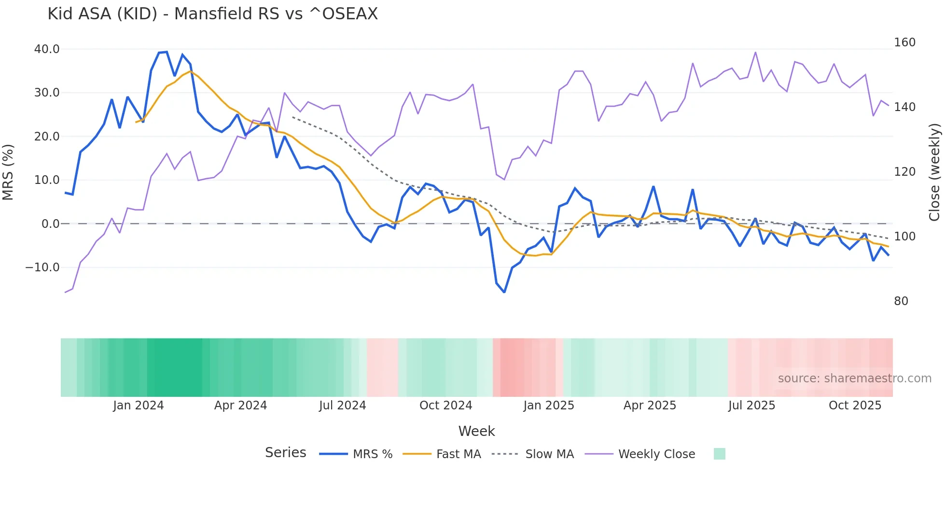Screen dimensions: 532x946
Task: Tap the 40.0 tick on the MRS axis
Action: point(47,49)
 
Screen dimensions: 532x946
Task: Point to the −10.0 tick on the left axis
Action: point(42,267)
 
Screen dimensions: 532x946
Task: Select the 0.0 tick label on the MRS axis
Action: point(50,224)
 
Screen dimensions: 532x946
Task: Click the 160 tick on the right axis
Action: point(904,42)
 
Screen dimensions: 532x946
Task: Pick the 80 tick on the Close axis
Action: point(901,301)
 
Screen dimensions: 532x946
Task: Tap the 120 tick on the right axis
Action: point(904,172)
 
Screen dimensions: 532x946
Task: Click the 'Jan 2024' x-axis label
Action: point(139,406)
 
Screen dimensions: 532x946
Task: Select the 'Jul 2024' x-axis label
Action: point(343,406)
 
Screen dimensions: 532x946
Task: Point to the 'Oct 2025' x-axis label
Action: point(855,406)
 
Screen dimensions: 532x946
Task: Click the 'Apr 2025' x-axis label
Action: point(650,406)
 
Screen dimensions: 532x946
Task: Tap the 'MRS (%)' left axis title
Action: point(8,172)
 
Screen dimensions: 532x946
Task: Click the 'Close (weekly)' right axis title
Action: point(934,172)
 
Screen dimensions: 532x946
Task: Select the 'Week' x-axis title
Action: point(476,431)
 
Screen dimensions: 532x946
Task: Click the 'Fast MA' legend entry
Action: point(459,454)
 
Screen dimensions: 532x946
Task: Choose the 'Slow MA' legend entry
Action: point(549,454)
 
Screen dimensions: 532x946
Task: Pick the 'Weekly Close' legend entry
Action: point(656,454)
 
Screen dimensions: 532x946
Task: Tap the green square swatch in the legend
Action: point(719,454)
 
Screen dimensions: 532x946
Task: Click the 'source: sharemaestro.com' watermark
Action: point(854,378)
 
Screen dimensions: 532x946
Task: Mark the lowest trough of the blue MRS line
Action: point(504,292)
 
